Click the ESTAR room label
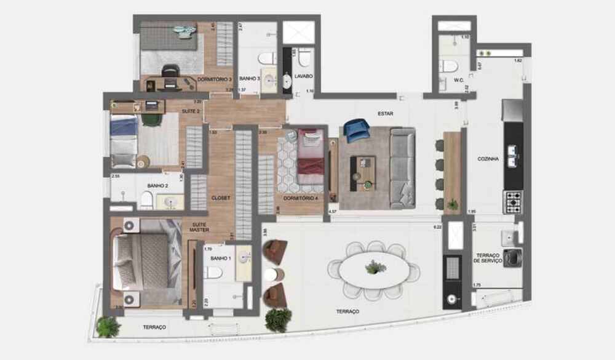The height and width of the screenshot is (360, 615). pos(386,114)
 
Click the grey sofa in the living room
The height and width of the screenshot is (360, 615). pos(403,167)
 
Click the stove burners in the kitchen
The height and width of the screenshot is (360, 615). pos(512,201)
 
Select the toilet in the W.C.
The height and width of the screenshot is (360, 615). pos(448,66)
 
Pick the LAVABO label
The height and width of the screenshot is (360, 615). pos(303,76)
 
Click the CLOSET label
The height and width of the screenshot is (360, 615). pos(220,198)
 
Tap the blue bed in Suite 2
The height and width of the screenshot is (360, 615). pos(124,140)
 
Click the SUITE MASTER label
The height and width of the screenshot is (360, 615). pos(199,227)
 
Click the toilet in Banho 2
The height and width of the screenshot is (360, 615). pos(146,199)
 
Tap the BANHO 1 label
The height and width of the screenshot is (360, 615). pos(220,258)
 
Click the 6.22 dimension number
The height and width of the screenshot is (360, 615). pos(438,227)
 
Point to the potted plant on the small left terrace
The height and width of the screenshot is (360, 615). pos(108,326)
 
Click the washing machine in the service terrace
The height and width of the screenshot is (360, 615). pos(512,257)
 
